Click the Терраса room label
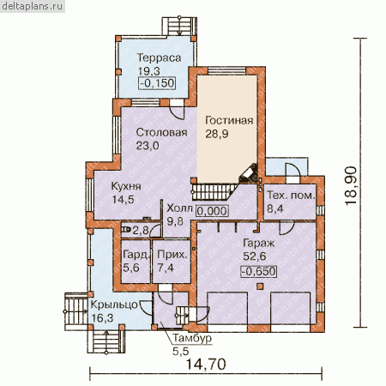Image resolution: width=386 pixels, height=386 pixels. pos(159,57)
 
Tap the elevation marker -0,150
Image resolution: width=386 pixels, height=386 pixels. pos(157,83)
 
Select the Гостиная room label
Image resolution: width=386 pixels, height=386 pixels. pos(229,120)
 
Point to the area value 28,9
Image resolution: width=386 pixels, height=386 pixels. pos(217,134)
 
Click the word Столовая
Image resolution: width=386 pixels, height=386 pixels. pos(162,132)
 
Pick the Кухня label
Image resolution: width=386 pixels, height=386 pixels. pos(126,186)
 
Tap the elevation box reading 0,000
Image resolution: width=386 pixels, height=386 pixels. pos(212,211)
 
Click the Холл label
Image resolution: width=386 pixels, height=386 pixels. pos(179,208)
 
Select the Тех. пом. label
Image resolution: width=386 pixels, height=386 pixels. pos(291,196)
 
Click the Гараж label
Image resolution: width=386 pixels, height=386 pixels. pos(258,243)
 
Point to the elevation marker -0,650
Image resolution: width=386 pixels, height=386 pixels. pos(259,271)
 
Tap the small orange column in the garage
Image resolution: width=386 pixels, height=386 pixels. pos(260,286)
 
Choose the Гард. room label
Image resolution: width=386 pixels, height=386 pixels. pos(136,255)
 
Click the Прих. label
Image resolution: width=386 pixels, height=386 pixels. pos(172,255)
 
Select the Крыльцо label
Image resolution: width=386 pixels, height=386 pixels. pos(114,305)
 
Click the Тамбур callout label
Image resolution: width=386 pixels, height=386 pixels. pos(192,338)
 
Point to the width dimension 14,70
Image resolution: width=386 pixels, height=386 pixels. pos(206,365)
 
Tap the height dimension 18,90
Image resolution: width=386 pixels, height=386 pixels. pos(352,185)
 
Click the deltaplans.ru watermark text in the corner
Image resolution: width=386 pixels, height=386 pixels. pos(32,6)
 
